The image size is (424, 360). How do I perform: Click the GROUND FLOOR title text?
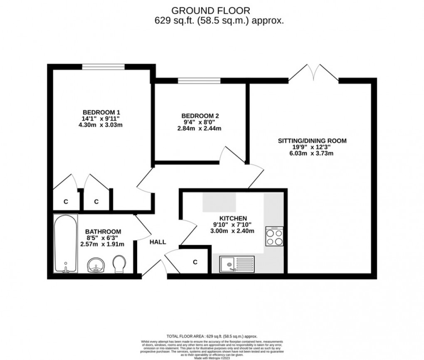click(x=212, y=10)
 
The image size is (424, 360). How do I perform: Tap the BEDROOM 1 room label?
click(x=101, y=112)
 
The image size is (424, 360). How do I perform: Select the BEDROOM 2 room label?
click(x=200, y=116)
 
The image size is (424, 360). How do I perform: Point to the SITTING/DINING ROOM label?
click(x=312, y=141)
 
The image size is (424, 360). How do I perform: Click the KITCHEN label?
click(x=233, y=218)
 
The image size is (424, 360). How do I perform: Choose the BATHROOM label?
click(x=103, y=231)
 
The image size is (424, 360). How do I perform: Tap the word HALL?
click(x=158, y=242)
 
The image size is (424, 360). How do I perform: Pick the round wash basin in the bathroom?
click(x=96, y=265)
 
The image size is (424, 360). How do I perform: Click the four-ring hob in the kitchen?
click(x=274, y=237)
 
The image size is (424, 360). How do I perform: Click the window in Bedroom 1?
click(x=104, y=66)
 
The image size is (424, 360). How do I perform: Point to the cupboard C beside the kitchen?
click(x=195, y=262)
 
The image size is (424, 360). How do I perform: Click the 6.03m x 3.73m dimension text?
click(x=312, y=153)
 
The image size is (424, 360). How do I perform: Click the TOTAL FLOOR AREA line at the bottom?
click(x=212, y=336)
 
